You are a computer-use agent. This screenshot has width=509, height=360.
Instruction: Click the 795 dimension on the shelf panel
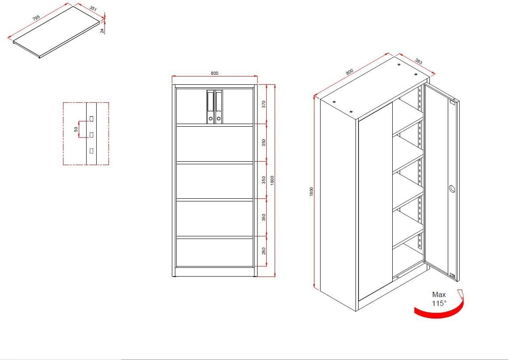click(36, 17)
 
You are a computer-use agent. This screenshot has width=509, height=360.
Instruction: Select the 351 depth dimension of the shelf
click(93, 8)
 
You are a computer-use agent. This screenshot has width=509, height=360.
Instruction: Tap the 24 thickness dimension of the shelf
click(102, 31)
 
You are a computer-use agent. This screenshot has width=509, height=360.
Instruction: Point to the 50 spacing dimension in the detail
click(76, 129)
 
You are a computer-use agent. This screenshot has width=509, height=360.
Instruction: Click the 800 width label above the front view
click(215, 73)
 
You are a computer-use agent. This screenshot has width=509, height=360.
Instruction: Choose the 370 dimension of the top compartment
click(264, 104)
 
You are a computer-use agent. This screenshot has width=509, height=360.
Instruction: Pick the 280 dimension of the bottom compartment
click(264, 251)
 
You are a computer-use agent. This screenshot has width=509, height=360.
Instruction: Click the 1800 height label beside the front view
click(272, 180)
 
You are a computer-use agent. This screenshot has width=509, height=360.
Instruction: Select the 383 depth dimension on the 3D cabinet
click(418, 61)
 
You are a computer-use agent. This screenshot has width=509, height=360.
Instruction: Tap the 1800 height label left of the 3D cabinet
click(311, 192)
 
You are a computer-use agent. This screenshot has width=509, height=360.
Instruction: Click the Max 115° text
click(439, 299)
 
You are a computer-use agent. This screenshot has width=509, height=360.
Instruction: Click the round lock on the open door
click(452, 189)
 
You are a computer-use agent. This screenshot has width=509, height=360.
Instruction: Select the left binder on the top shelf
click(210, 107)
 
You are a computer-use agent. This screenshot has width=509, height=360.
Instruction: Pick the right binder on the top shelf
click(219, 107)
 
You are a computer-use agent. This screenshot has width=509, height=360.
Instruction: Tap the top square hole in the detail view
click(91, 119)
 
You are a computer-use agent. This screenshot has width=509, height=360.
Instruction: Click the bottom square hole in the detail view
click(91, 150)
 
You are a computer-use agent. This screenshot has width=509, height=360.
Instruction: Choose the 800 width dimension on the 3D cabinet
click(349, 72)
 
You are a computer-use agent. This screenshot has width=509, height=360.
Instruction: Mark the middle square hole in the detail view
click(91, 134)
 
